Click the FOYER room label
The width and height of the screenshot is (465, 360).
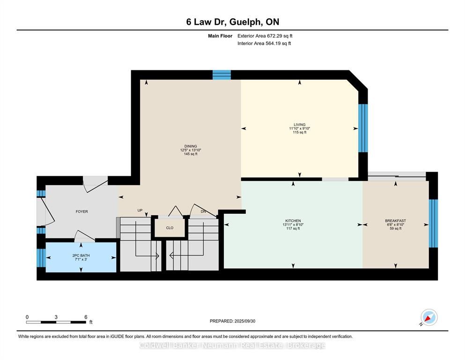point(81,211)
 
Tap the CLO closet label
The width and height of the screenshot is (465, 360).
point(170,228)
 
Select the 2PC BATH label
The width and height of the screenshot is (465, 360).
point(81,255)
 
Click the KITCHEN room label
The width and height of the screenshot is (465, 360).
point(293,221)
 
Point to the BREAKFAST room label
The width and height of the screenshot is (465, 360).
point(395,221)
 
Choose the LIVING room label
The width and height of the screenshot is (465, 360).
point(300,125)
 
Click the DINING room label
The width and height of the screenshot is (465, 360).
point(191,146)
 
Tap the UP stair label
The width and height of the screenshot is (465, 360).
point(140,210)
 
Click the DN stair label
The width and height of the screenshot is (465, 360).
point(203,211)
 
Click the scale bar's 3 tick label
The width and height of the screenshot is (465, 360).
point(56,317)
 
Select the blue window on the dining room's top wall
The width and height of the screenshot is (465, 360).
point(221,75)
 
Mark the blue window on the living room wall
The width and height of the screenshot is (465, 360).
point(363,128)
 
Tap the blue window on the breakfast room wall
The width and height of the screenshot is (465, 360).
point(433,224)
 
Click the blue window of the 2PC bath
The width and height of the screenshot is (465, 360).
point(41,258)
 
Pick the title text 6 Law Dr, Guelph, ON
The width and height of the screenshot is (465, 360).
point(232,22)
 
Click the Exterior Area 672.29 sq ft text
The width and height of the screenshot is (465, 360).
point(265,36)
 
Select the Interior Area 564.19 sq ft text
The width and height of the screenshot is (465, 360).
point(264,43)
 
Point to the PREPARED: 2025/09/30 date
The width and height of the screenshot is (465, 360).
point(232,321)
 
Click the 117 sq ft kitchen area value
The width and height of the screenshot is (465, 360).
point(293,229)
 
